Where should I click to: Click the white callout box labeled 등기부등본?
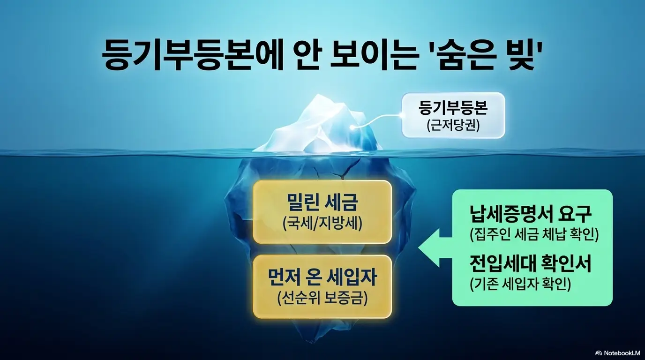click(453, 115)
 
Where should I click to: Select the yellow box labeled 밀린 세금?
click(322, 212)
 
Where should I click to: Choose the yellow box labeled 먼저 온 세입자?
click(322, 286)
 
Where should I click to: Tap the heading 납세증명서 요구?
click(531, 215)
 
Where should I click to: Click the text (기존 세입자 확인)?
click(520, 284)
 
